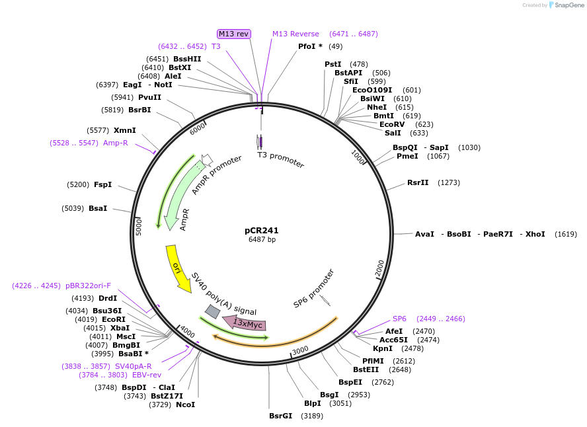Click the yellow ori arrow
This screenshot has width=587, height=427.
[177, 268]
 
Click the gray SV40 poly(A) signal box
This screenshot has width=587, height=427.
[212, 311]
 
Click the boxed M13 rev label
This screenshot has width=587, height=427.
[233, 34]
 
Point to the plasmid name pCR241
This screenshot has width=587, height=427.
[261, 231]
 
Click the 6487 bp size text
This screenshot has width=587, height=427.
[262, 239]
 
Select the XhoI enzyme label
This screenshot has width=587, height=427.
[535, 234]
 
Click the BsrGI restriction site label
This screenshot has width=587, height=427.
[280, 416]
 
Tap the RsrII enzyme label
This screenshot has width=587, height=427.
[418, 182]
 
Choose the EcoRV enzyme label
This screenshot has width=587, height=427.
[392, 124]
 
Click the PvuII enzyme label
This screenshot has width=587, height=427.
[149, 97]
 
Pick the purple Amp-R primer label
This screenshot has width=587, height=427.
[115, 143]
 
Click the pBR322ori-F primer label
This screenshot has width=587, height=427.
[88, 286]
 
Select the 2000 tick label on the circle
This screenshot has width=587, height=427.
[379, 268]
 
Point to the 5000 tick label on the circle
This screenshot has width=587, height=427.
[139, 227]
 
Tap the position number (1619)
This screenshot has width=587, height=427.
[566, 234]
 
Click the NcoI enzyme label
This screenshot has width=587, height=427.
[185, 405]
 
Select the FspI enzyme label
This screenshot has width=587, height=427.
[102, 184]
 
